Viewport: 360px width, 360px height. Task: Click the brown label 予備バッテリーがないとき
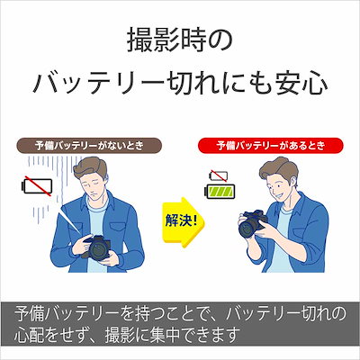pos(90,146)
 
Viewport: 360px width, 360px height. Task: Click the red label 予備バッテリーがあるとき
pos(271,146)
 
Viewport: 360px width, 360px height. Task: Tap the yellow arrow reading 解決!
pos(184,222)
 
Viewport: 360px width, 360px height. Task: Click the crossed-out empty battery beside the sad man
pos(37,186)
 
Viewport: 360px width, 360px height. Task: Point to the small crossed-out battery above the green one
pos(219,175)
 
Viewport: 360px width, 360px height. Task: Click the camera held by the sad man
pos(96,247)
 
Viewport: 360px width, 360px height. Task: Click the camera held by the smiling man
pos(252,223)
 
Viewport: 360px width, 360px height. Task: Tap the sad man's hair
pos(91,170)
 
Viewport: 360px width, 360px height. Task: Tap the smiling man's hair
pos(278,169)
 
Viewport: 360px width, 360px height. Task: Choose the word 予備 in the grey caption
pos(30,314)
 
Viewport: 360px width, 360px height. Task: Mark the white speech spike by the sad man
pos(69,220)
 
